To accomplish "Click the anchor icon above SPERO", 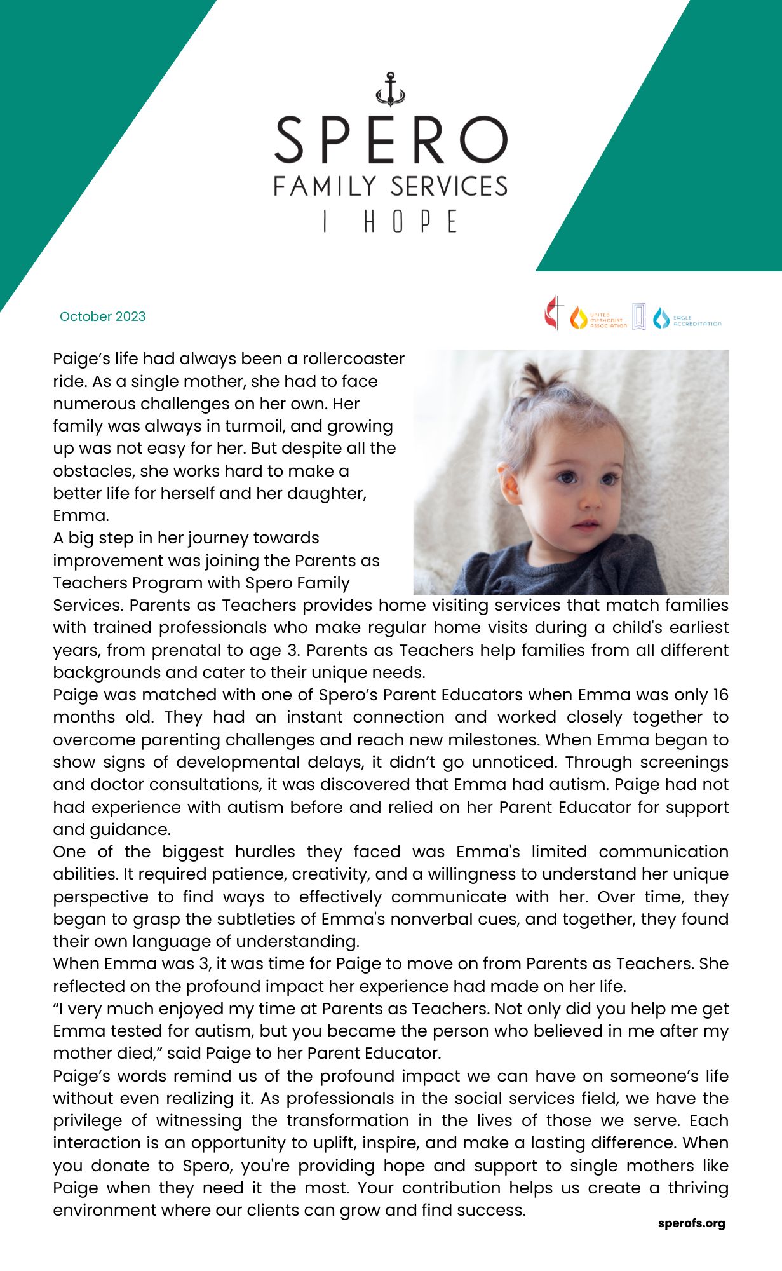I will tap(390, 89).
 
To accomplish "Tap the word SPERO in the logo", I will tap(390, 140).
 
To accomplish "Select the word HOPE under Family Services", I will tap(410, 222).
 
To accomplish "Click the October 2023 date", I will tap(102, 316).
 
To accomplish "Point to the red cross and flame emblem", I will tap(554, 313).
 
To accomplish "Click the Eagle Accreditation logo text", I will tap(697, 320).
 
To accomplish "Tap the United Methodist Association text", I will tap(608, 320).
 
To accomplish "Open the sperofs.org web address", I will tap(691, 1223).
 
